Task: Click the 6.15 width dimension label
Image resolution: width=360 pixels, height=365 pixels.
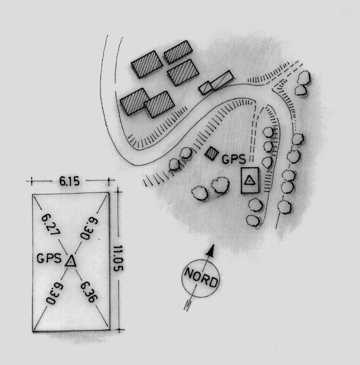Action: point(69,181)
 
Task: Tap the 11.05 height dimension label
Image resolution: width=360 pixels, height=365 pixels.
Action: point(118,258)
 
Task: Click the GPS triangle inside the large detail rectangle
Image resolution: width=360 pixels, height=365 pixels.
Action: point(70,261)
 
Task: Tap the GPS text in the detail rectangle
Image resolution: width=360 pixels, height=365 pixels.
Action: point(49,258)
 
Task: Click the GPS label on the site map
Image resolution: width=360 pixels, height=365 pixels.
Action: point(234,159)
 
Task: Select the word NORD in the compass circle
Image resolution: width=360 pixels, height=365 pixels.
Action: point(201,277)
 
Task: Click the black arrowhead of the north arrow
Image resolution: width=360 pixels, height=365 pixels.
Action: point(211,250)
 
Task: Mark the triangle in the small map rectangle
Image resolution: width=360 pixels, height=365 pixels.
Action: point(249,180)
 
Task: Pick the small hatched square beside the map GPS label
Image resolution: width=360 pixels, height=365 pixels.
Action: point(212,153)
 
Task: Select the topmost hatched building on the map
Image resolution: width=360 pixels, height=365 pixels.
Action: point(179,52)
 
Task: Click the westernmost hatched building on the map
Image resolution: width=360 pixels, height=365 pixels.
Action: point(135,102)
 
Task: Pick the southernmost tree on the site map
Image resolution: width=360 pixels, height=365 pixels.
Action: point(253,220)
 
